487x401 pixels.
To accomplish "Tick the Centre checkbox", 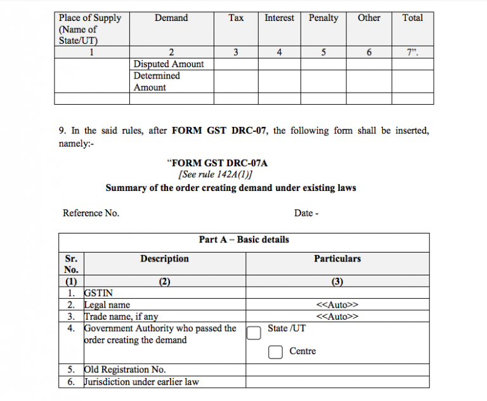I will pos(275,352).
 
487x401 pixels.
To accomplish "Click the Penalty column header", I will pos(323,18).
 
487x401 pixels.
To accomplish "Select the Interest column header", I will pos(279,18).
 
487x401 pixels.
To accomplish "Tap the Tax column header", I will pos(236,18).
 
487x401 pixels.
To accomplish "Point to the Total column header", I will pos(412,18).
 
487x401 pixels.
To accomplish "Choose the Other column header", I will pos(368,18).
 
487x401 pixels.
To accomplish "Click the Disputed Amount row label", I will pos(169,64).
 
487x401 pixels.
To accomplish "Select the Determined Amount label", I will pos(157,82).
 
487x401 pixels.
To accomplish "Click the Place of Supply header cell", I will pos(89,29).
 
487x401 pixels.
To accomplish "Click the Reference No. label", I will pos(91,213).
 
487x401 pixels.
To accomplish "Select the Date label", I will pos(306,213).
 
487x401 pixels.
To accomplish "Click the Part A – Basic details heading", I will pos(243,240).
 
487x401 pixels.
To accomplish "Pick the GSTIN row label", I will pos(98,294).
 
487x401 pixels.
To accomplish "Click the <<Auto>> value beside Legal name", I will pos(337,305).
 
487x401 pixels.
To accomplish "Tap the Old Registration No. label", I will pos(125,370).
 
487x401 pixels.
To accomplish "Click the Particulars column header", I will pos(337,259).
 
